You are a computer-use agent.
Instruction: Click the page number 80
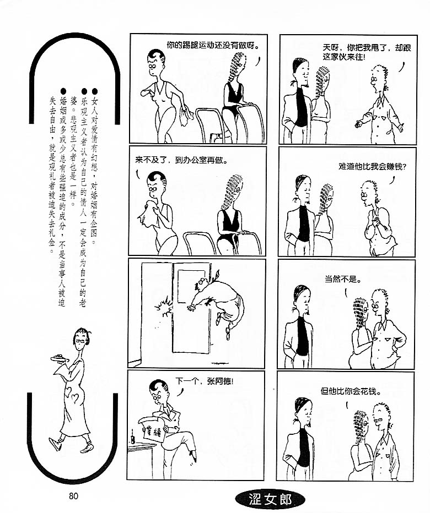(73, 496)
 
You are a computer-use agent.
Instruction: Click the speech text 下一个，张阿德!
(204, 381)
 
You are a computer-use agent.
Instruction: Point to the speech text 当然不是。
(343, 280)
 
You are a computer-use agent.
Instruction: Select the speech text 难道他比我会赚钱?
(373, 167)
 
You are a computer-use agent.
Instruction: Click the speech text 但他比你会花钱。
(351, 391)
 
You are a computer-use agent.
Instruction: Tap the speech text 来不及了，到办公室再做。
(181, 161)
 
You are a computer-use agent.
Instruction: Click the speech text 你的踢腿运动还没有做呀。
(213, 45)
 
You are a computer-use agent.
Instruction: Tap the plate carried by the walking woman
(60, 358)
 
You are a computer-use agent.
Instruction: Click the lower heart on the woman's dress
(75, 398)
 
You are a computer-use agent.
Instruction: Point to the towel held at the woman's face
(149, 214)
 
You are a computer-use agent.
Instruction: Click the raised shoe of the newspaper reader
(192, 456)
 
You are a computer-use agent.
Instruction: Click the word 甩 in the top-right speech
(374, 48)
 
